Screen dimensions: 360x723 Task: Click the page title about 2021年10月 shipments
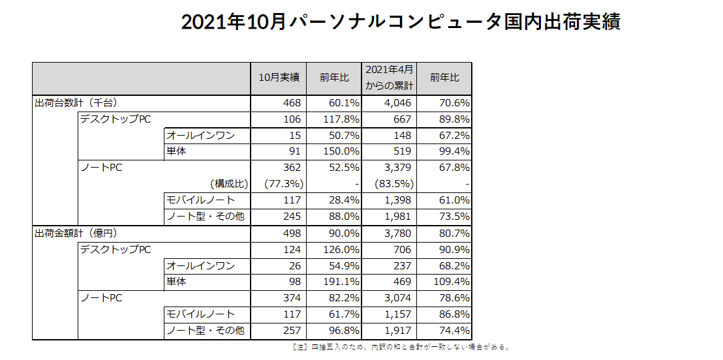point(400,22)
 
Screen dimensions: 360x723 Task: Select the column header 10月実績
point(279,78)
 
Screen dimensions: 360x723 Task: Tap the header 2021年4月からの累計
point(389,78)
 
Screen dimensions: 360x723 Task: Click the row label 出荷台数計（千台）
point(76,102)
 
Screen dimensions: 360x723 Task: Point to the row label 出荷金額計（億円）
point(76,233)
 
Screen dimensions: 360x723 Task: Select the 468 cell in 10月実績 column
point(292,102)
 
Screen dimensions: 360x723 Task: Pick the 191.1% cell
point(342,282)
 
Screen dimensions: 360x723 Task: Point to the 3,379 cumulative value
point(398,168)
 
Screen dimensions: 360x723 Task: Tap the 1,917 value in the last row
point(398,331)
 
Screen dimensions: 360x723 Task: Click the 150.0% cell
point(342,151)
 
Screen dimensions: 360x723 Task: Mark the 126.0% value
point(342,249)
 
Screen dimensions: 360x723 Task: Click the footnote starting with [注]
point(402,347)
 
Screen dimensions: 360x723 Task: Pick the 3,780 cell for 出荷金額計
point(398,233)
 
